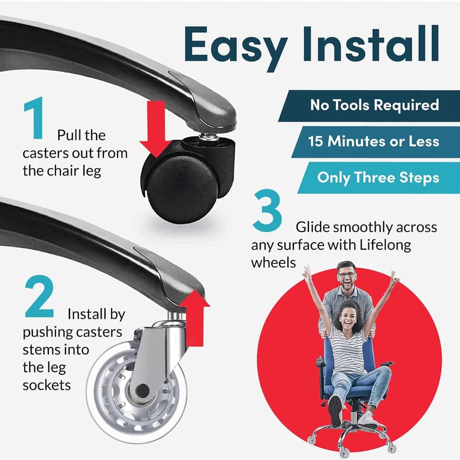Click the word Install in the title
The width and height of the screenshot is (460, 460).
(371, 43)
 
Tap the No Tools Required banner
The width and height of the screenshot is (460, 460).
(369, 106)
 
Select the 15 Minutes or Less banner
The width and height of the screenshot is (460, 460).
(376, 142)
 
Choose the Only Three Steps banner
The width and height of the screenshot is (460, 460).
(379, 178)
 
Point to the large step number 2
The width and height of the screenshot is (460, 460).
(39, 296)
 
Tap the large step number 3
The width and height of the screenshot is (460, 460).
(267, 210)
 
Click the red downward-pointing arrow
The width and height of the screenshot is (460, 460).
(156, 129)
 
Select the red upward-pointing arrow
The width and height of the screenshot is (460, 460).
(195, 318)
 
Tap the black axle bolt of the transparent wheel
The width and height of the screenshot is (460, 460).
(143, 389)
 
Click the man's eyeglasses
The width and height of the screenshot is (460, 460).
(347, 275)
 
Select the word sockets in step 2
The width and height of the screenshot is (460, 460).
(47, 385)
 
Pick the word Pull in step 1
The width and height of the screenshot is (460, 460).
(67, 135)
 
